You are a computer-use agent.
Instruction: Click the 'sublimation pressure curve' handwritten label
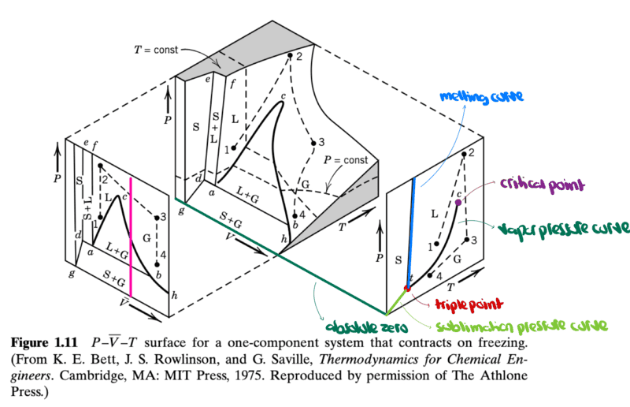click(521, 325)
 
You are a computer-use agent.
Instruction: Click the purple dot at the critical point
click(458, 202)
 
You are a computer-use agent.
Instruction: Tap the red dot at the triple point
click(407, 289)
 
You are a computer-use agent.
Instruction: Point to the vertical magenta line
click(131, 237)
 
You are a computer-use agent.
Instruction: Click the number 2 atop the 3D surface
click(299, 56)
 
